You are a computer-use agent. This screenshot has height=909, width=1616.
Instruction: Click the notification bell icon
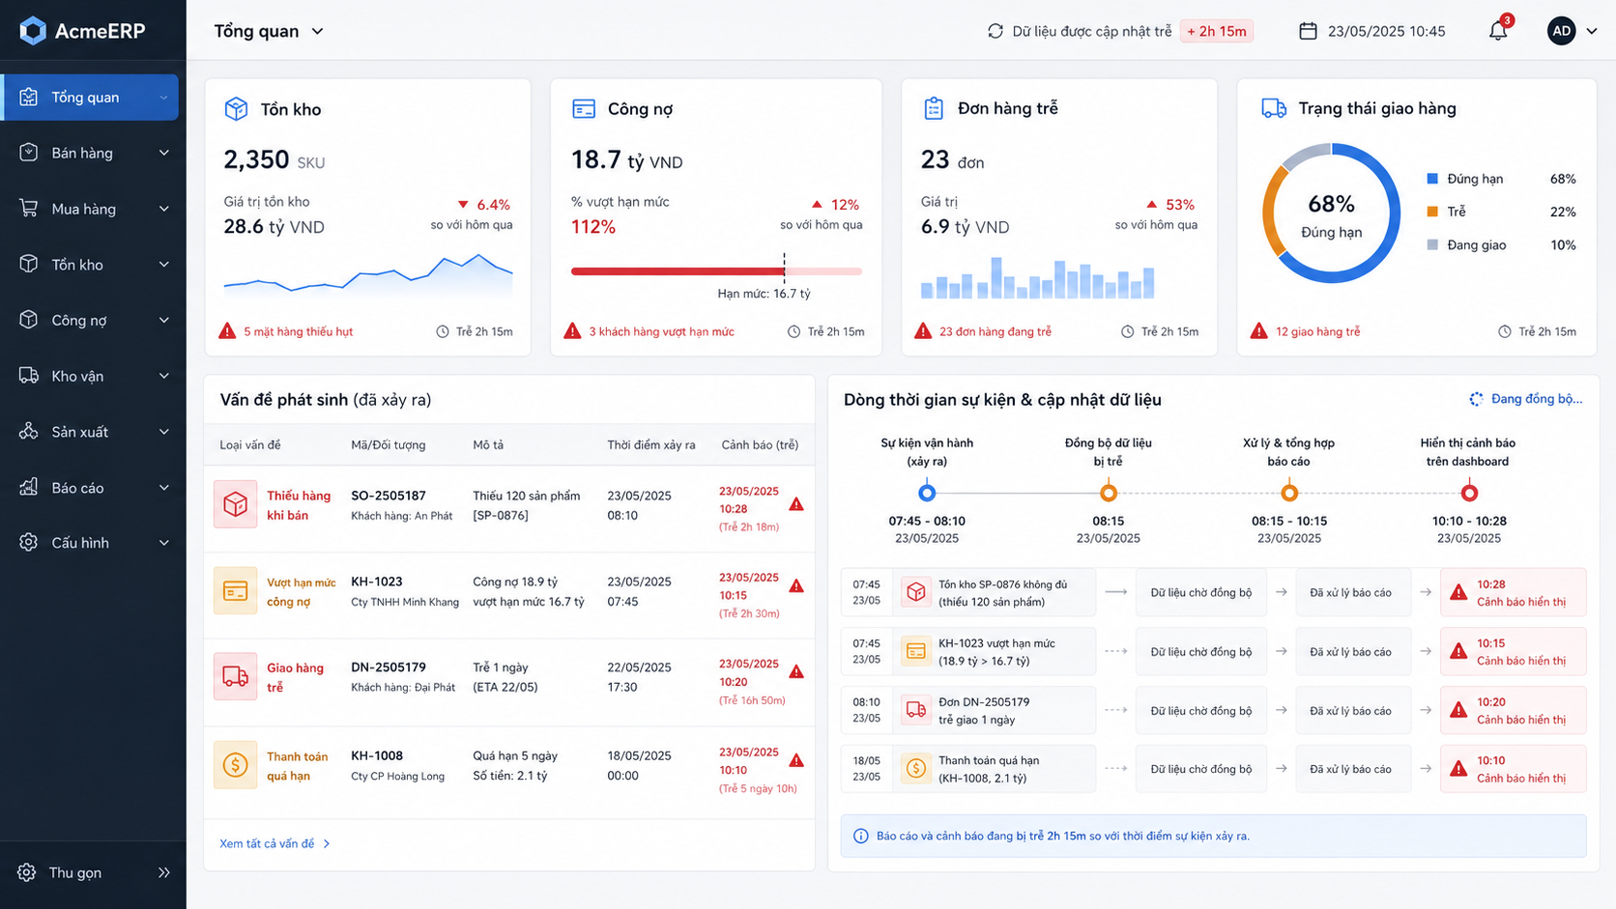click(x=1498, y=31)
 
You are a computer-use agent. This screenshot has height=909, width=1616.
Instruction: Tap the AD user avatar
click(x=1561, y=31)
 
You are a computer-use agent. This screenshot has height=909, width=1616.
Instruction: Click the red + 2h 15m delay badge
click(x=1216, y=31)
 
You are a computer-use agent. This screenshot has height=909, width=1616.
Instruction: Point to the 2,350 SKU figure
click(x=274, y=159)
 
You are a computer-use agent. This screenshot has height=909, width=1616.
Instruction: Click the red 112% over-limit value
click(x=593, y=227)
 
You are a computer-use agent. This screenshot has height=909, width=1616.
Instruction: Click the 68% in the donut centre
click(x=1331, y=204)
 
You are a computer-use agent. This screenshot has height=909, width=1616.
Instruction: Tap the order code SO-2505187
click(x=389, y=496)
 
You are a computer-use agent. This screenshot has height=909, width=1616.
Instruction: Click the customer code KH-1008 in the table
click(x=377, y=755)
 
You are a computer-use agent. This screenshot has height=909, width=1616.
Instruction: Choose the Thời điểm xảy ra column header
click(x=650, y=444)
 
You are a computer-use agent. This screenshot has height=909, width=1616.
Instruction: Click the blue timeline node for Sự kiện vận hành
click(x=927, y=493)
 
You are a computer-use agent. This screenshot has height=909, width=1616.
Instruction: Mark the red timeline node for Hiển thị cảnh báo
click(x=1469, y=493)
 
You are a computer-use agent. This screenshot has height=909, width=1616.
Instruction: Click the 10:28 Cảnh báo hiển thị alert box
click(x=1513, y=592)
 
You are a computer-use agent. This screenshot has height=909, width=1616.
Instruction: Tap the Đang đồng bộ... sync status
click(x=1526, y=399)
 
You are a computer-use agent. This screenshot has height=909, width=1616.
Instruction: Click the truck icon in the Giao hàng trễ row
click(x=235, y=676)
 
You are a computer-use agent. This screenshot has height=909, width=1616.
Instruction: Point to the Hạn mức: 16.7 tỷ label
click(x=764, y=294)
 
